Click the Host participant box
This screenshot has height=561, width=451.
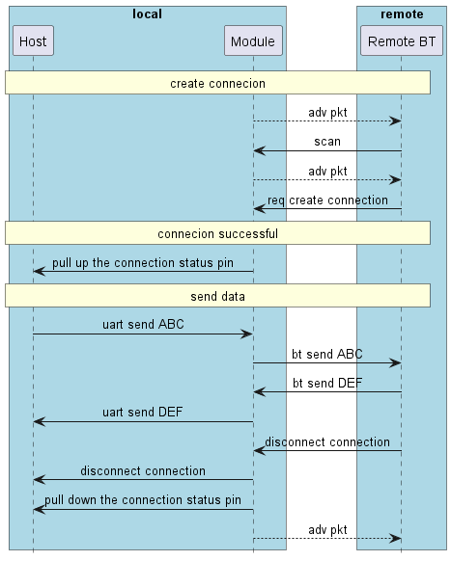33,41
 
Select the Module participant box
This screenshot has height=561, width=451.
253,41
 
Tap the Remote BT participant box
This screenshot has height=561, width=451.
401,41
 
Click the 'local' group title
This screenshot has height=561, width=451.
147,14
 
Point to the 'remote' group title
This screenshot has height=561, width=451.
401,14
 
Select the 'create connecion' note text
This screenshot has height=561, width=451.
217,84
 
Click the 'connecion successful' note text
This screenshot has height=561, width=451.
217,233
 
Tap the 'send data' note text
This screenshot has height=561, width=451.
217,296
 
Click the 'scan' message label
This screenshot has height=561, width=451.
326,142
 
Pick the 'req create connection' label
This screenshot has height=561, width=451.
326,200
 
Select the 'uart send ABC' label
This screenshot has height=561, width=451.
143,325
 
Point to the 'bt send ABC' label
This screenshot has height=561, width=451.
326,354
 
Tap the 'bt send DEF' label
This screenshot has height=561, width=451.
326,383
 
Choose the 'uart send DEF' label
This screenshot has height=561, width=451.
143,413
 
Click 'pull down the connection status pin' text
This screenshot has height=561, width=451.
142,499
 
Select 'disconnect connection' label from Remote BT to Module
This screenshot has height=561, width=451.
326,441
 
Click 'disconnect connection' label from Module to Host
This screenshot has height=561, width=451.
143,470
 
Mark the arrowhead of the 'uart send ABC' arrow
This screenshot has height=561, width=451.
247,334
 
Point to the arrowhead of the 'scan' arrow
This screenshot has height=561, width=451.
259,150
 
